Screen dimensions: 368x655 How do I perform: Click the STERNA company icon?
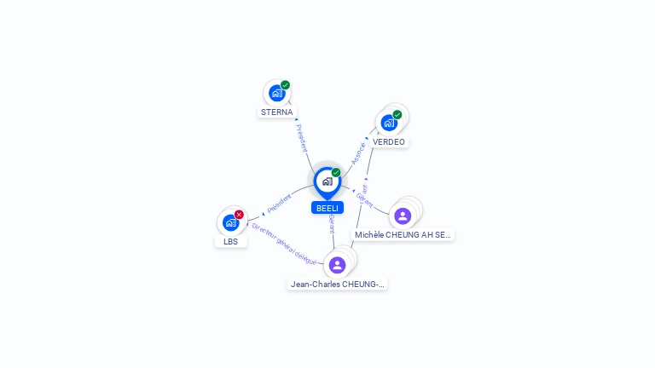[x=276, y=94]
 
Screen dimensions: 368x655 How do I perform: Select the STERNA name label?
[x=277, y=112]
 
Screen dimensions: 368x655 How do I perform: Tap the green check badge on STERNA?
[x=286, y=85]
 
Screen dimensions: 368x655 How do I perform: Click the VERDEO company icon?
[x=389, y=123]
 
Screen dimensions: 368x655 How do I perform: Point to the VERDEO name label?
[x=389, y=141]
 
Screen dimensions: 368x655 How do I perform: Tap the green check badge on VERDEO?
[x=397, y=114]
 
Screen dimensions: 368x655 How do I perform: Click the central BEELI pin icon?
[x=327, y=181]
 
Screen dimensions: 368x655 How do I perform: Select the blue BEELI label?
[x=327, y=208]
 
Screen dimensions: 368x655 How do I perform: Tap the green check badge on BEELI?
[x=336, y=172]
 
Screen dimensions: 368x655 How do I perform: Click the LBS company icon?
[x=230, y=222]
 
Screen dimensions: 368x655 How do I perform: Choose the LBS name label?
[x=231, y=241]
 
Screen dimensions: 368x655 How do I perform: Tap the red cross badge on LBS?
[x=240, y=214]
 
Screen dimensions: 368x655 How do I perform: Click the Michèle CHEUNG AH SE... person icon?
[x=403, y=216]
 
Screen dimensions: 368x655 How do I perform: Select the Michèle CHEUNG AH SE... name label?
[x=403, y=234]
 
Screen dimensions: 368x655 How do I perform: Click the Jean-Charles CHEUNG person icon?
[x=338, y=265]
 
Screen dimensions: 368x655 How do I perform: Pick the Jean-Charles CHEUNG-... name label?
[x=338, y=284]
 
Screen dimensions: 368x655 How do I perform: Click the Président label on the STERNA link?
[x=301, y=137]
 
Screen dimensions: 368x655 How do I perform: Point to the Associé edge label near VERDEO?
[x=358, y=152]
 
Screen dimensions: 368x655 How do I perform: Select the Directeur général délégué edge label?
[x=284, y=244]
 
